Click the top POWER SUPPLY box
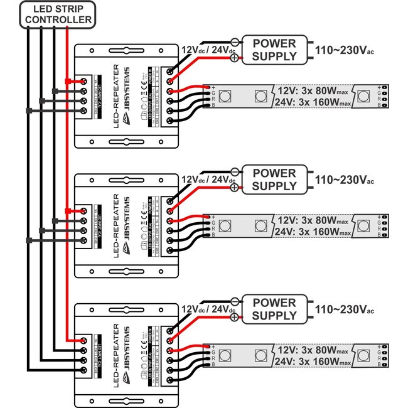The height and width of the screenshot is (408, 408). [x=274, y=50]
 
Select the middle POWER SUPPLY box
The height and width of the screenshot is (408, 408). [x=274, y=180]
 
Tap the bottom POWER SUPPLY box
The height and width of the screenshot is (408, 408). [x=274, y=309]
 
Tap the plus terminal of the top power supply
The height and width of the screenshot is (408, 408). [x=235, y=58]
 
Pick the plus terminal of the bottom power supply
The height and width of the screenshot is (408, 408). [x=235, y=318]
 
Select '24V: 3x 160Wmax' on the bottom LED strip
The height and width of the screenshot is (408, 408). [x=312, y=362]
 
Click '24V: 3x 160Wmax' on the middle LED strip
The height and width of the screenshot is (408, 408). [x=312, y=232]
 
